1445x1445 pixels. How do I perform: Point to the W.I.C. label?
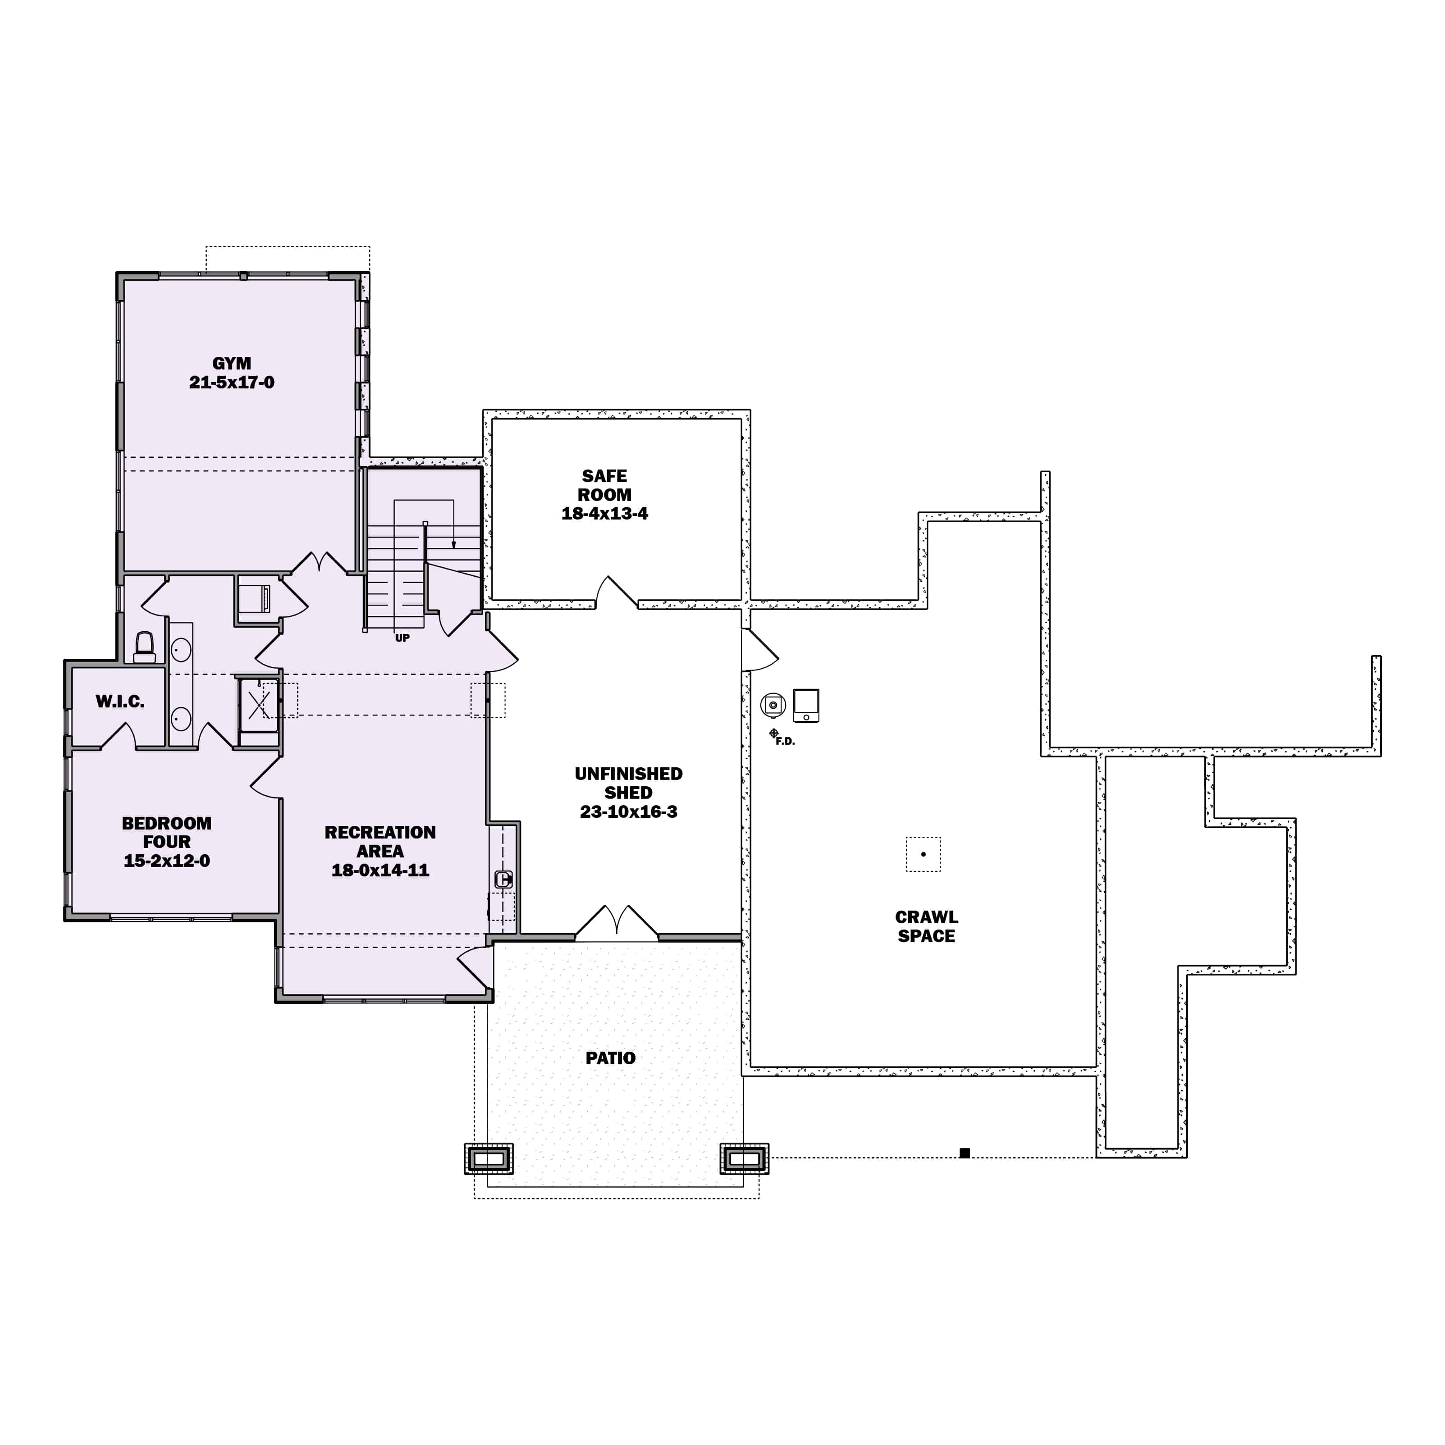pos(120,702)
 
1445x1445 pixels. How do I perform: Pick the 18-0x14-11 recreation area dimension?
pos(380,870)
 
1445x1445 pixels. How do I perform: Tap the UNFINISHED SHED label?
pos(629,783)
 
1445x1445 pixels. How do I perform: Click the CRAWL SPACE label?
pos(926,926)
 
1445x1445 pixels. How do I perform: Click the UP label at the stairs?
pos(402,638)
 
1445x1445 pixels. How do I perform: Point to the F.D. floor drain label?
pos(785,741)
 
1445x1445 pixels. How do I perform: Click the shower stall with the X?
pos(259,705)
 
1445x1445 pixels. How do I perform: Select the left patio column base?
pos(489,1158)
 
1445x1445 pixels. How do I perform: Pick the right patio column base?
pos(745,1158)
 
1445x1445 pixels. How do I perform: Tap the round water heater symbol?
pos(773,705)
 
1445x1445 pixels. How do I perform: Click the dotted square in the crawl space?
pos(924,854)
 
